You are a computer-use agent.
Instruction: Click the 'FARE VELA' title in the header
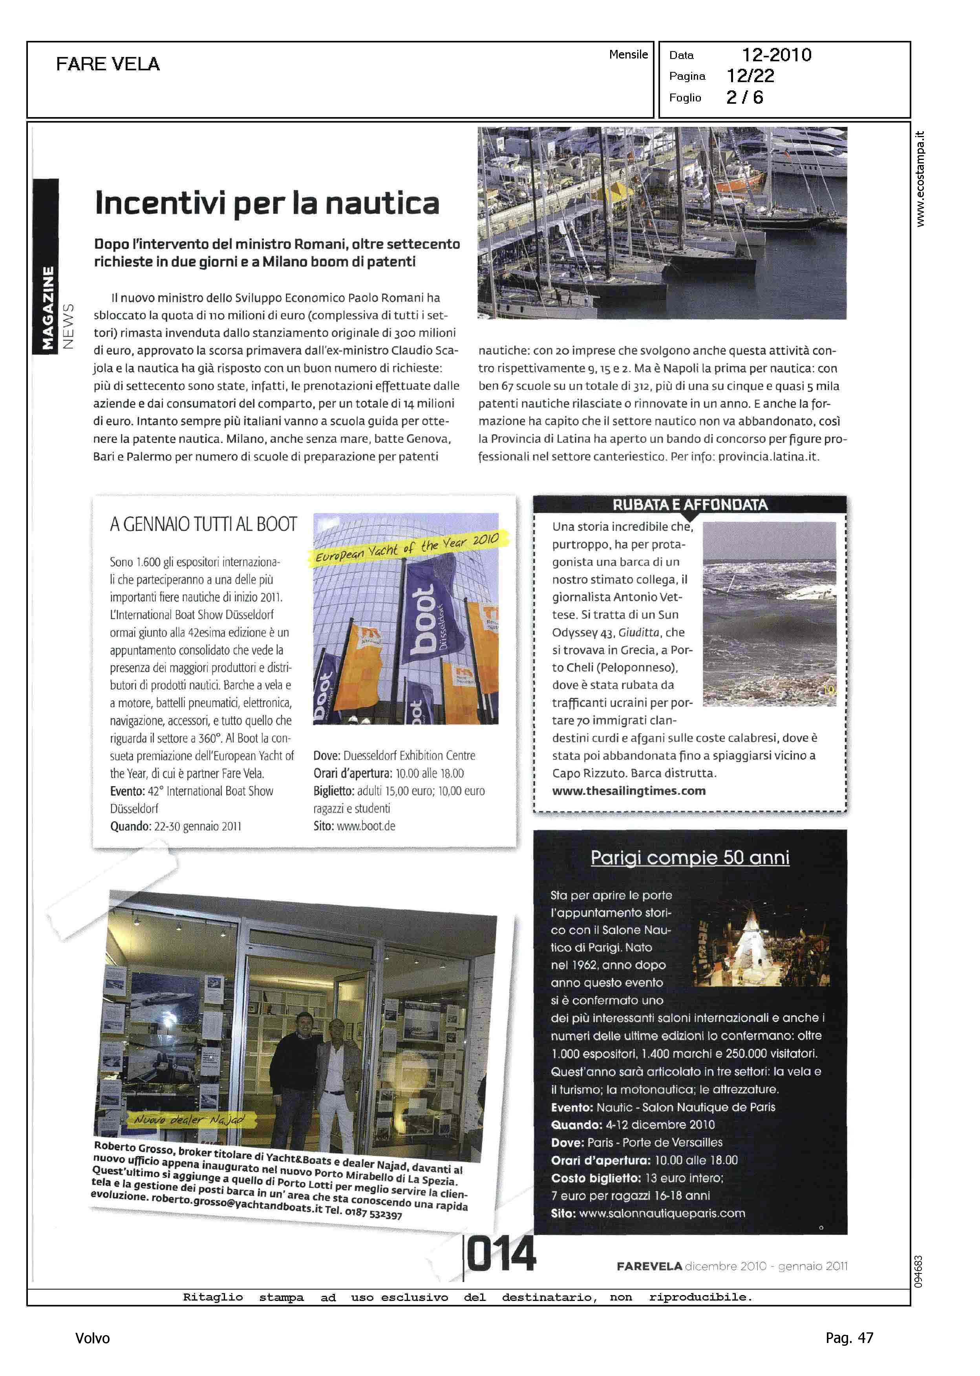click(108, 64)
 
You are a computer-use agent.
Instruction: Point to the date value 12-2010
click(776, 55)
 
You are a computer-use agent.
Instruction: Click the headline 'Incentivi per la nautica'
click(267, 203)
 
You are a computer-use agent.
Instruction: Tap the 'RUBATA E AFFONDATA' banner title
click(690, 505)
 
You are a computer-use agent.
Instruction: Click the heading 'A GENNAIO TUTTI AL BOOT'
click(203, 524)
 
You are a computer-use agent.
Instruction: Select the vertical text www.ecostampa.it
click(920, 179)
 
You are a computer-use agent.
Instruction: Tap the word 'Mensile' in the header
click(628, 54)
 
